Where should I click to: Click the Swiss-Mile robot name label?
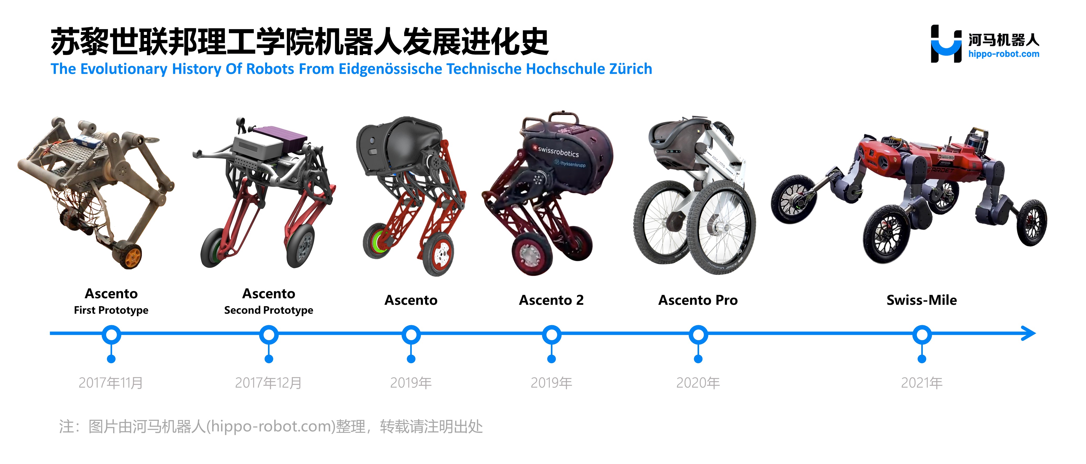(x=922, y=300)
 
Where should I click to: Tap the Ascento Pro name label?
(x=698, y=300)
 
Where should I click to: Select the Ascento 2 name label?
(x=551, y=300)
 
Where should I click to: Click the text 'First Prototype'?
(x=111, y=310)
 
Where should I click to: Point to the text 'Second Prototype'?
(x=268, y=310)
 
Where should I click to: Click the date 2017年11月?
(x=111, y=383)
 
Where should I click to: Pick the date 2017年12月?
(x=268, y=383)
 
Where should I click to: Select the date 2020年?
(x=698, y=383)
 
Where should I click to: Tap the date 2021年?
(x=922, y=383)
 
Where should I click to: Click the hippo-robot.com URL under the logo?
(x=1004, y=54)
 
